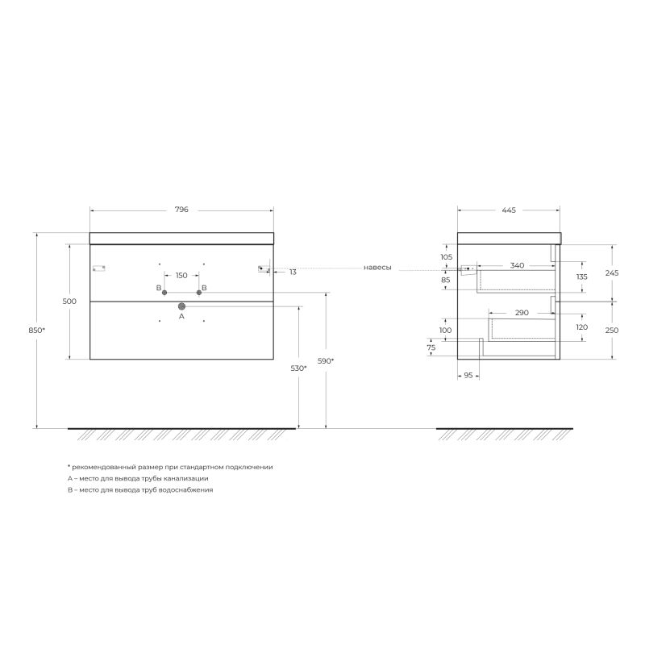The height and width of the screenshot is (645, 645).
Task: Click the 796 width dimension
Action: click(181, 210)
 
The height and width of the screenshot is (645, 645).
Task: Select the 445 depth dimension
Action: click(508, 210)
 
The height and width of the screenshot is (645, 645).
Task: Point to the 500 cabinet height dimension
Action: click(69, 301)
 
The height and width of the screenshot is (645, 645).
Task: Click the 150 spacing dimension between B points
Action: click(181, 276)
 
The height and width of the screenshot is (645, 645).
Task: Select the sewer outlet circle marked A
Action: click(181, 306)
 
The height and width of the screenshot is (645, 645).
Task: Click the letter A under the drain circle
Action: click(181, 318)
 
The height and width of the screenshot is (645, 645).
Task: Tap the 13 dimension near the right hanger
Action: click(293, 273)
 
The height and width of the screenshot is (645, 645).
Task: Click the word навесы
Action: click(377, 268)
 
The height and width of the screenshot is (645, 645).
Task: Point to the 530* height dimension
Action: click(299, 368)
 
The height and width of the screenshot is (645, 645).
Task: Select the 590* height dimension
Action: click(326, 361)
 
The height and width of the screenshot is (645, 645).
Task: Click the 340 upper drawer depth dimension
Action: click(517, 264)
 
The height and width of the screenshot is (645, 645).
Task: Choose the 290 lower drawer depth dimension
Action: click(522, 312)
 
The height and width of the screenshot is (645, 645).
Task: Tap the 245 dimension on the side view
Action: click(612, 273)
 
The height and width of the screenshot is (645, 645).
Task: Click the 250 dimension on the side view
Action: click(612, 330)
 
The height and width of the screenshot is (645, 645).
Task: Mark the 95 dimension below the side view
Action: click(468, 375)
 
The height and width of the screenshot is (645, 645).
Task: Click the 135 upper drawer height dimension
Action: click(581, 277)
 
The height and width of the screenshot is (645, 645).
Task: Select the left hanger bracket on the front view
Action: click(99, 269)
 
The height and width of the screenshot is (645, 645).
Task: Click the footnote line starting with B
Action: click(140, 490)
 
